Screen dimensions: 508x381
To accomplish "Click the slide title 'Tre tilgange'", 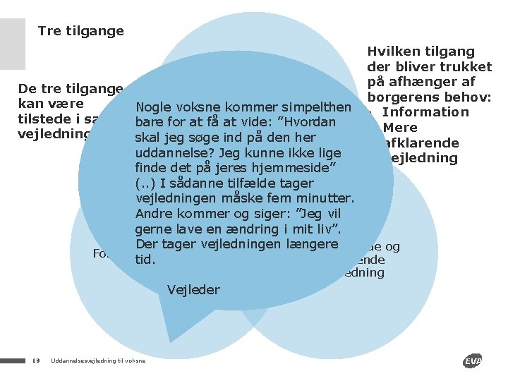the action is pyautogui.click(x=80, y=30).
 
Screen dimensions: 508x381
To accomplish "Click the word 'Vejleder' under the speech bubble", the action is pyautogui.click(x=194, y=289).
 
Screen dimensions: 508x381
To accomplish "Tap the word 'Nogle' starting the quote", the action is pyautogui.click(x=156, y=107).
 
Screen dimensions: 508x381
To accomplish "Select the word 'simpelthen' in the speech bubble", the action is pyautogui.click(x=320, y=107).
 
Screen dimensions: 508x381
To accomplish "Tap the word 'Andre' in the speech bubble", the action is pyautogui.click(x=153, y=214).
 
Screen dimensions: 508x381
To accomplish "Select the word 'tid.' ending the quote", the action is pyautogui.click(x=145, y=259).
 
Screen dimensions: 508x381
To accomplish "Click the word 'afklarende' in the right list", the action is pyautogui.click(x=419, y=143).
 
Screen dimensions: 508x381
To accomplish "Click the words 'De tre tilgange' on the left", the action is pyautogui.click(x=71, y=89).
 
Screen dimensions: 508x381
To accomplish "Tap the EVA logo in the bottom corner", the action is pyautogui.click(x=473, y=361).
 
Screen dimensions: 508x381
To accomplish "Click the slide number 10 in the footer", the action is pyautogui.click(x=35, y=361).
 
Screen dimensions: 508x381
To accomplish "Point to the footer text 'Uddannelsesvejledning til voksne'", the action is pyautogui.click(x=98, y=361).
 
